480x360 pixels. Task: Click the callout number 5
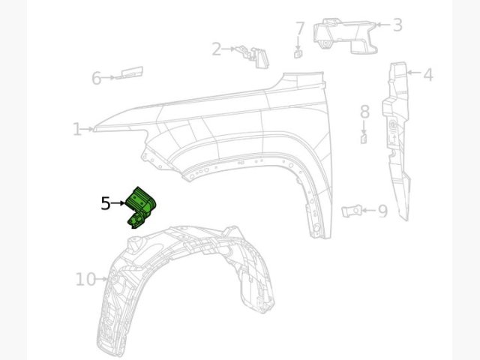click(x=106, y=203)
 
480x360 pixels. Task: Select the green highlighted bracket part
click(x=142, y=208)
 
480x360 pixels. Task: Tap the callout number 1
click(x=77, y=129)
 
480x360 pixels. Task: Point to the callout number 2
click(x=217, y=49)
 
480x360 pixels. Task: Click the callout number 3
click(x=397, y=25)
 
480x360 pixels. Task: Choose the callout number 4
click(x=428, y=74)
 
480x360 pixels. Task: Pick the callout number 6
click(x=97, y=78)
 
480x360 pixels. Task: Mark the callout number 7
click(x=300, y=28)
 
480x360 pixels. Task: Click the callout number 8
click(x=364, y=112)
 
